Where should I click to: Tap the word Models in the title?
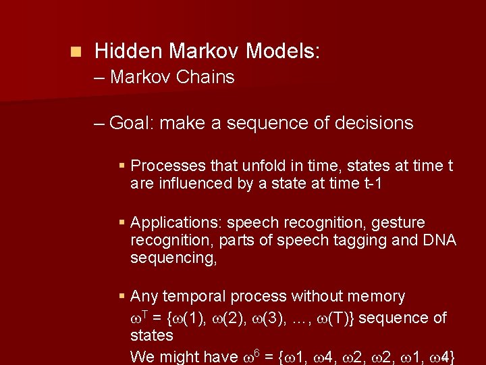282,51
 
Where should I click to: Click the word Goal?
130,123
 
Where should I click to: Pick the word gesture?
400,222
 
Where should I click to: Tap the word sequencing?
172,258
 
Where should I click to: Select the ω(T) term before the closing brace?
340,318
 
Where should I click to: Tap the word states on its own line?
151,335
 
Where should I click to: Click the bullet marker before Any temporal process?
122,296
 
